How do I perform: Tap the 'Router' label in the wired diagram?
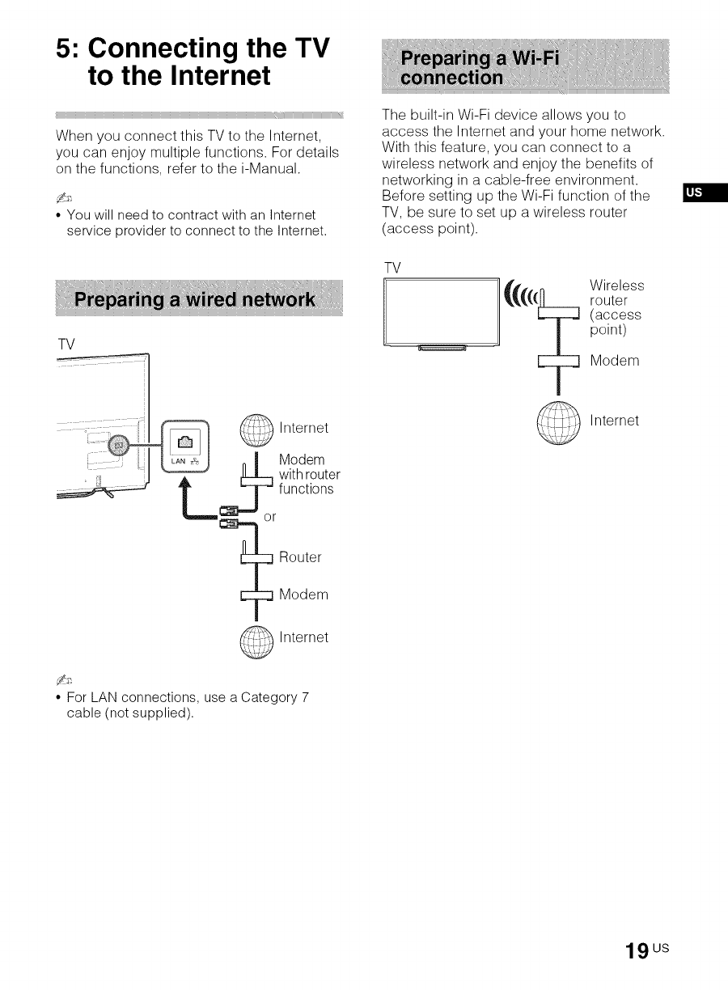click(x=300, y=557)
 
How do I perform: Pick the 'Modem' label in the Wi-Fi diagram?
click(x=615, y=361)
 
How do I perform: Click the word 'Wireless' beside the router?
click(x=617, y=286)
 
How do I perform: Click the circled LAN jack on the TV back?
click(x=119, y=445)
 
